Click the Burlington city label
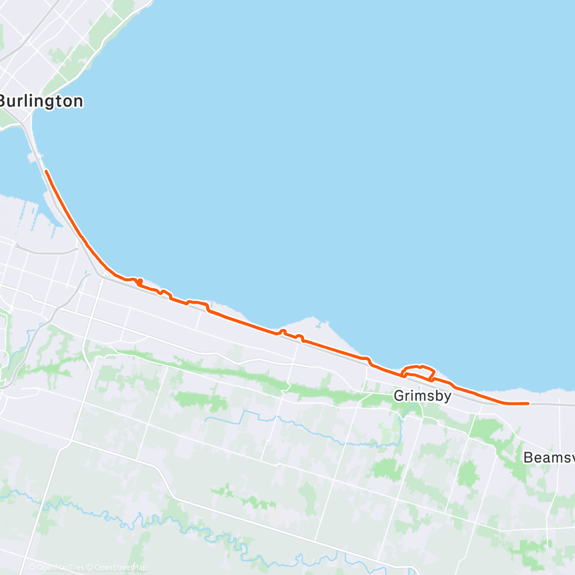(x=41, y=102)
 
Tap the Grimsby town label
(x=423, y=396)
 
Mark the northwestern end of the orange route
(x=45, y=171)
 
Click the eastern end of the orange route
(x=527, y=404)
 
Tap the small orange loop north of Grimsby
(x=419, y=371)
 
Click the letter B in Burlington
(x=5, y=102)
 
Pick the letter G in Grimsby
(x=398, y=396)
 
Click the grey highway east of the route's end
(x=552, y=404)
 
